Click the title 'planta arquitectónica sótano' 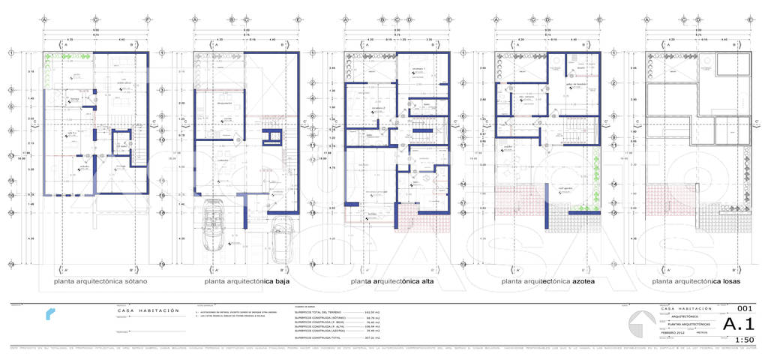point(100,282)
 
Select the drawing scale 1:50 point(744,340)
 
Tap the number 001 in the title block point(744,308)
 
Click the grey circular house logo point(641,325)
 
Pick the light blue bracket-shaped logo point(49,313)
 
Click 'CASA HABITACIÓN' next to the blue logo point(148,310)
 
